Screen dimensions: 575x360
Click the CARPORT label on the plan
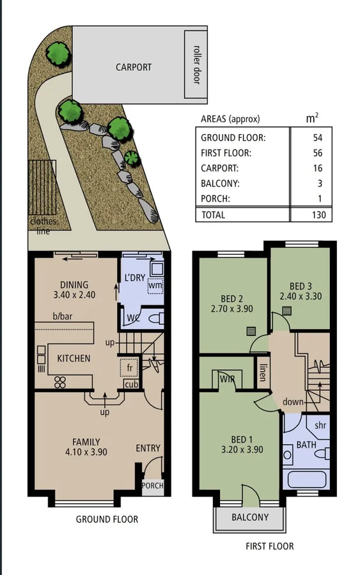coord(134,66)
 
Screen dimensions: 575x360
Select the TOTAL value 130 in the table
coord(318,215)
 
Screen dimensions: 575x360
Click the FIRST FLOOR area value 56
coord(318,153)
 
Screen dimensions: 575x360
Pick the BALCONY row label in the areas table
coord(221,184)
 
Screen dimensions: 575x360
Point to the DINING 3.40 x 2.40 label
coord(74,290)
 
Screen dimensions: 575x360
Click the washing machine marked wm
coord(155,285)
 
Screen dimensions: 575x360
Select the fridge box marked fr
coord(129,369)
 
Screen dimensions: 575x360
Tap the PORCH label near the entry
coord(152,486)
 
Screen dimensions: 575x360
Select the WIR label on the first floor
coord(228,379)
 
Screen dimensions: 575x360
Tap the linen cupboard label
coord(263,372)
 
